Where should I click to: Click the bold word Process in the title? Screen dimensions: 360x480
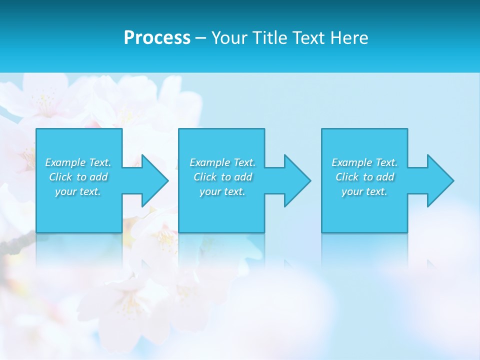(x=157, y=38)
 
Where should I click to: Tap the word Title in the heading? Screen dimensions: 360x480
(x=268, y=38)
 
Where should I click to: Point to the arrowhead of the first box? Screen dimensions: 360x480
(x=155, y=180)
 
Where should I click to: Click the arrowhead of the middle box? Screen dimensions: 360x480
(x=297, y=180)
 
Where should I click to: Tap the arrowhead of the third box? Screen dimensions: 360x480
(x=440, y=180)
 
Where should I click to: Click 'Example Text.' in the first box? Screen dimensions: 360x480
(x=78, y=162)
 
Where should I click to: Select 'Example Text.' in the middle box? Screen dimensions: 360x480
(x=222, y=162)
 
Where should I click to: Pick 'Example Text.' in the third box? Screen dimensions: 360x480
(x=364, y=162)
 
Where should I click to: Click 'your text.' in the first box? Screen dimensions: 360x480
(x=78, y=191)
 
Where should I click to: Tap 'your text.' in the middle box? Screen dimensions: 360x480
(x=222, y=191)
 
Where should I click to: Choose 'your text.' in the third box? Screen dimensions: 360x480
(x=364, y=191)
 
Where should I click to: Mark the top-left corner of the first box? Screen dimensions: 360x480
(x=36, y=129)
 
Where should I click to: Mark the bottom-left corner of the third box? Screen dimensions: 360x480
(x=322, y=232)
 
